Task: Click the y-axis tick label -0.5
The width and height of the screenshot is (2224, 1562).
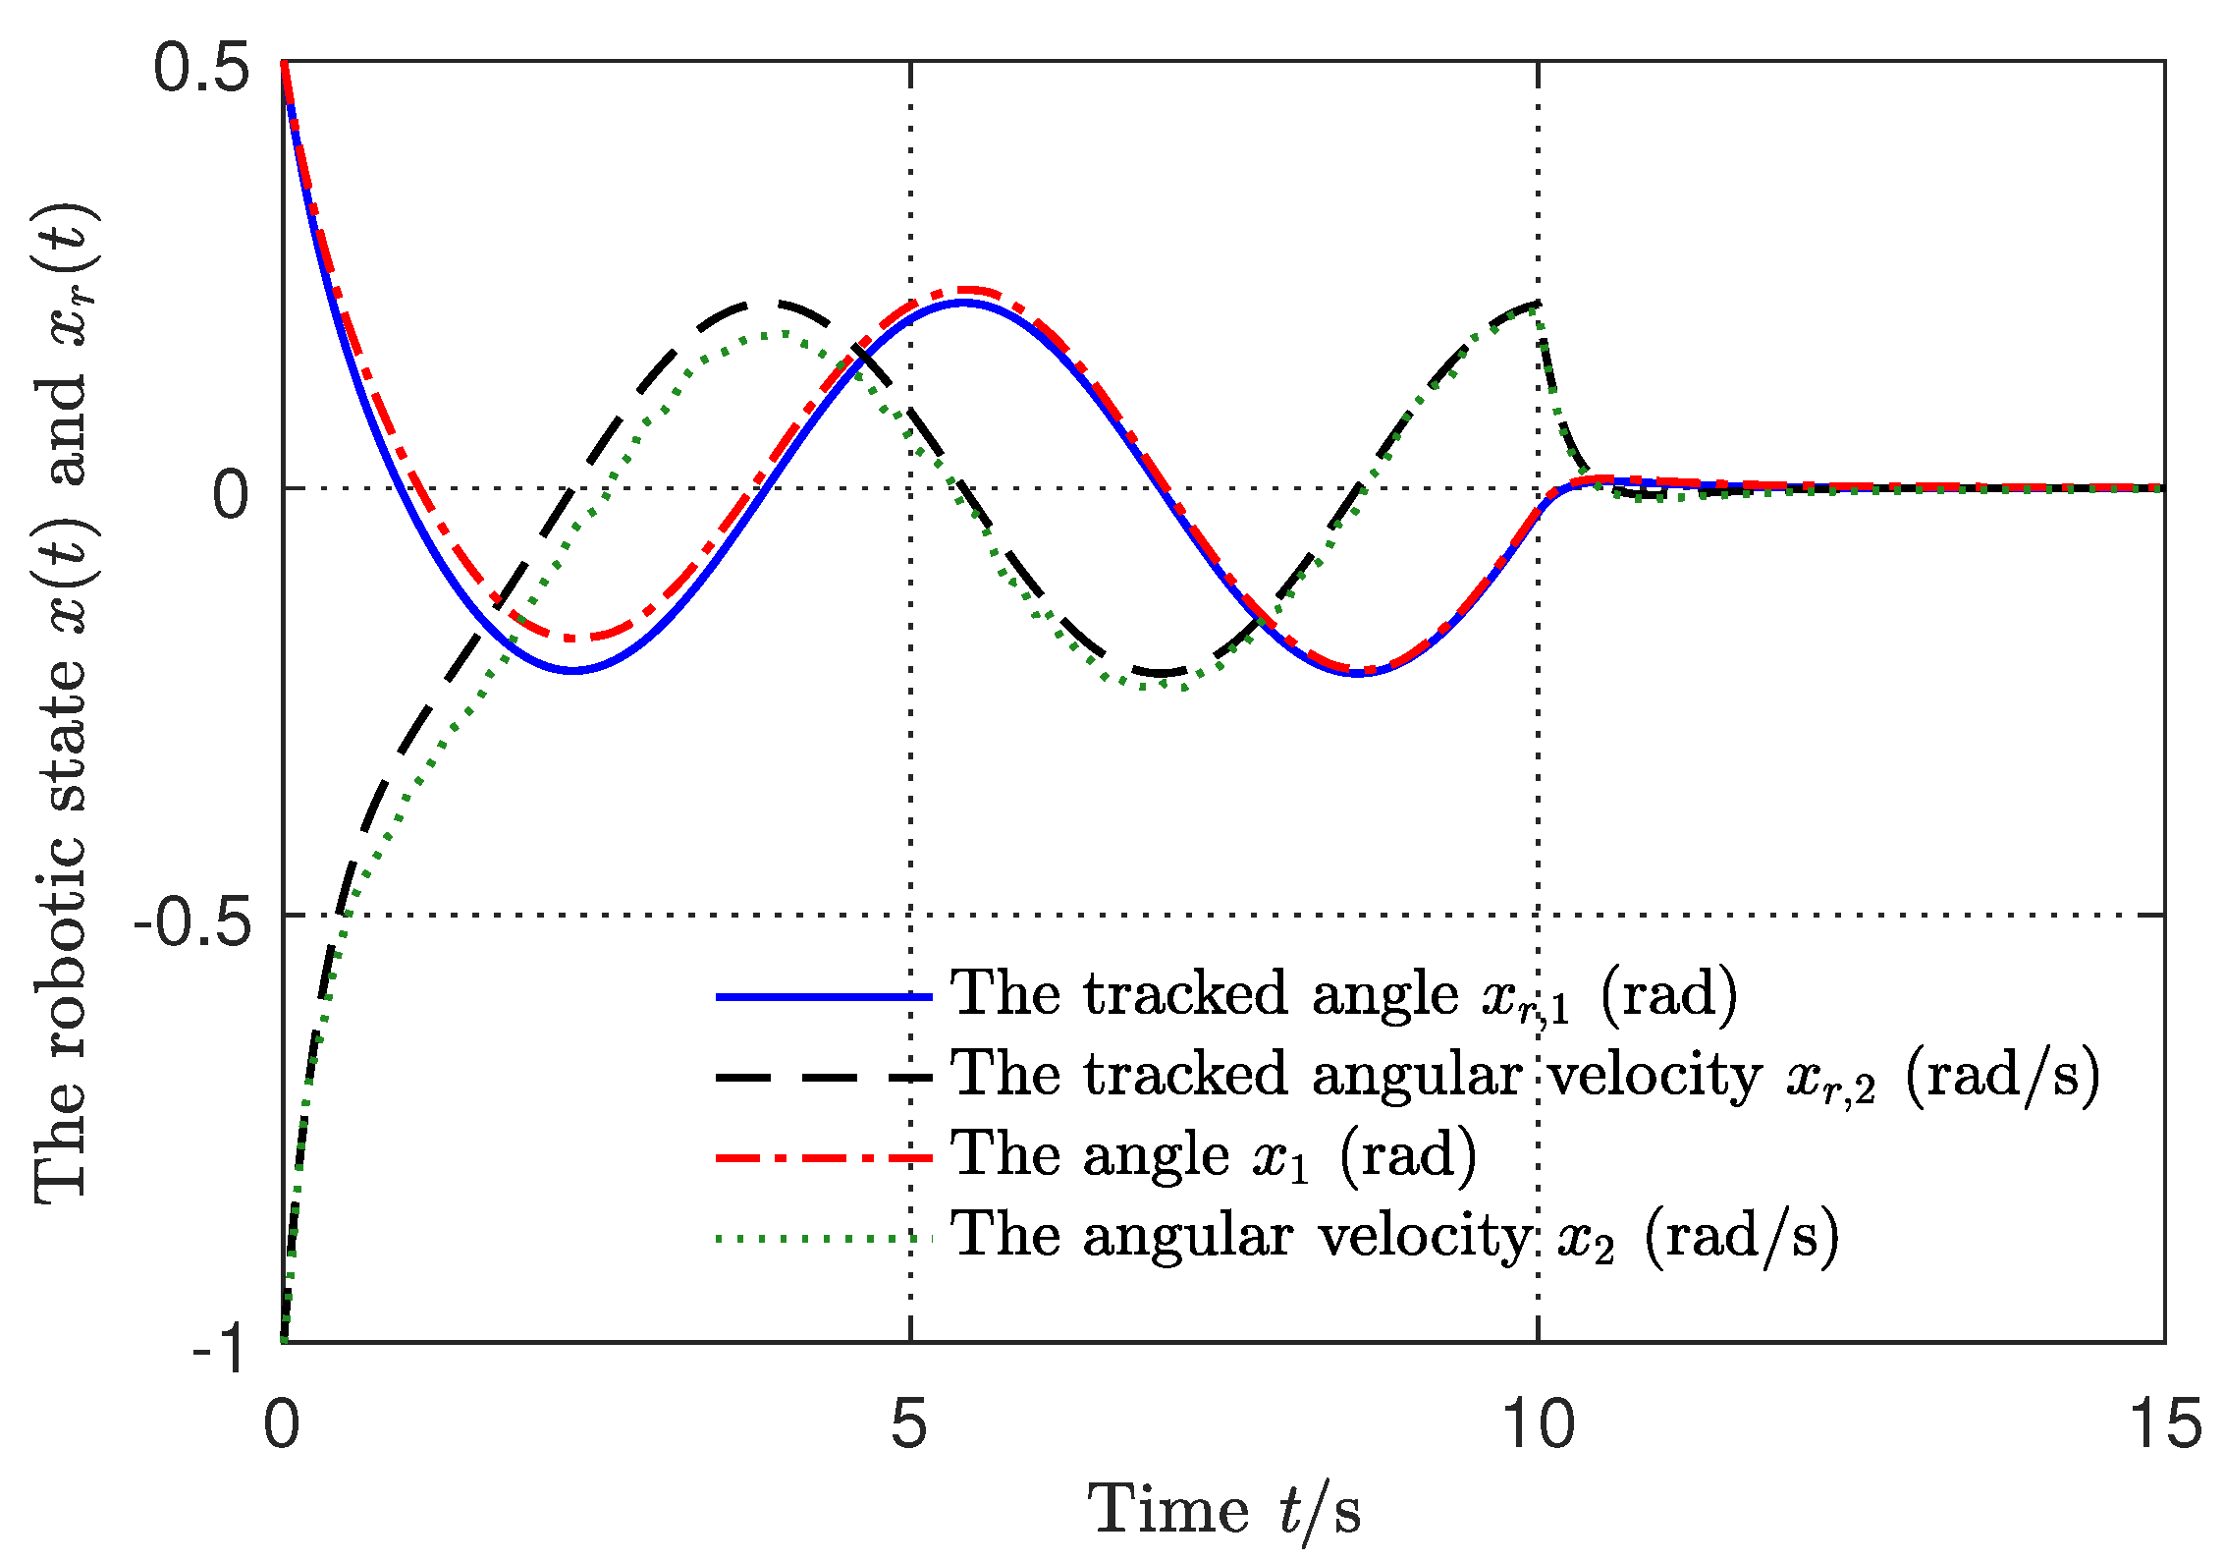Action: [192, 923]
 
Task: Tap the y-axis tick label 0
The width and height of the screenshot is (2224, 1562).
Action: [232, 495]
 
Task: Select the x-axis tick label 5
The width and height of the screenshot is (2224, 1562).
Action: [909, 1424]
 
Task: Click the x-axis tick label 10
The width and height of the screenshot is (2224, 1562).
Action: [1538, 1424]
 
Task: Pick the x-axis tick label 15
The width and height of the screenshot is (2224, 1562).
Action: [2163, 1424]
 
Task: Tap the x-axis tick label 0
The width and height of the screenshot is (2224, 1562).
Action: [282, 1424]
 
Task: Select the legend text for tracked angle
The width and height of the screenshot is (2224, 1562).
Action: [1343, 994]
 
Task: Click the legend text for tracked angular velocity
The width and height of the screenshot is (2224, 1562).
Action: [1524, 1075]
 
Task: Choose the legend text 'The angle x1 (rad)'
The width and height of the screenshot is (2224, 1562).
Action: [1213, 1154]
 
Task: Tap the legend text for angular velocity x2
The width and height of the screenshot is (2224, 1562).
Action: [1394, 1236]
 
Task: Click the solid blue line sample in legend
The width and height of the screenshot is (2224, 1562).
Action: [823, 997]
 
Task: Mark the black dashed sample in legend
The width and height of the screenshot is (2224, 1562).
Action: [823, 1078]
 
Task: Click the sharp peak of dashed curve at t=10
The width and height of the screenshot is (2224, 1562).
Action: [1537, 304]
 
